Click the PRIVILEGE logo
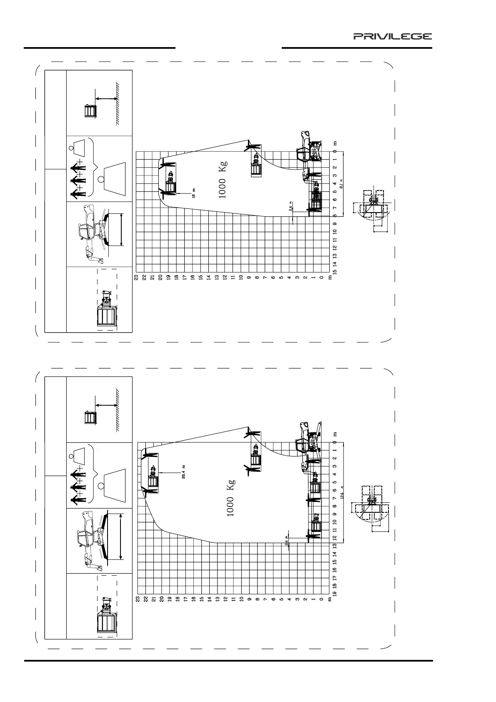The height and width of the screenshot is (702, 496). [393, 36]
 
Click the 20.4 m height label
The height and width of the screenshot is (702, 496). [184, 471]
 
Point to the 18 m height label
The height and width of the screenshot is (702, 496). [193, 193]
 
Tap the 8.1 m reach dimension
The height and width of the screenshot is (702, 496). [341, 184]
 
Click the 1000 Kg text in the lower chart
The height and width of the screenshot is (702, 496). [230, 498]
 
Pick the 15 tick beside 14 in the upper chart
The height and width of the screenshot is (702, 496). [335, 271]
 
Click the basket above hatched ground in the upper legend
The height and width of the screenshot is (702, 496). [90, 111]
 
